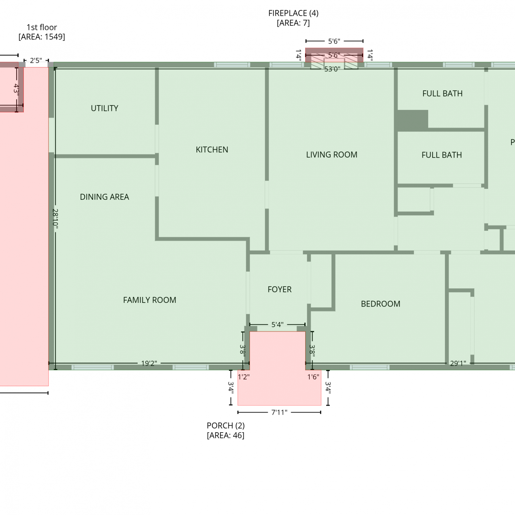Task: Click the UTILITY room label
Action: click(104, 108)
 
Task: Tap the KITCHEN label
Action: click(212, 150)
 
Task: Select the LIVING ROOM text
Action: click(332, 155)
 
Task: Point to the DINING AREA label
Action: click(104, 197)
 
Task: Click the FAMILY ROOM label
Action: click(150, 300)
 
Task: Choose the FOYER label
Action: click(279, 289)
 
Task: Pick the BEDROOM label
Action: click(380, 304)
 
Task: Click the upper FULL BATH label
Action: click(443, 93)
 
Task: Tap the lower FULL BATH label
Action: click(442, 155)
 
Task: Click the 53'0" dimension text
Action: click(332, 69)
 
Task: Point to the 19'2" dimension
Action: click(149, 363)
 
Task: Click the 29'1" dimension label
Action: click(458, 363)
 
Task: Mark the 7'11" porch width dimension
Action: click(279, 412)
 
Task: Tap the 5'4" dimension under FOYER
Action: click(277, 324)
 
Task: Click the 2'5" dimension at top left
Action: click(36, 61)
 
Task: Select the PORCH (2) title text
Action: click(226, 426)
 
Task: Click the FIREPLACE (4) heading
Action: click(293, 13)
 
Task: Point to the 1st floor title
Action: click(42, 27)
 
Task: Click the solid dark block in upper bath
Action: click(413, 120)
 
